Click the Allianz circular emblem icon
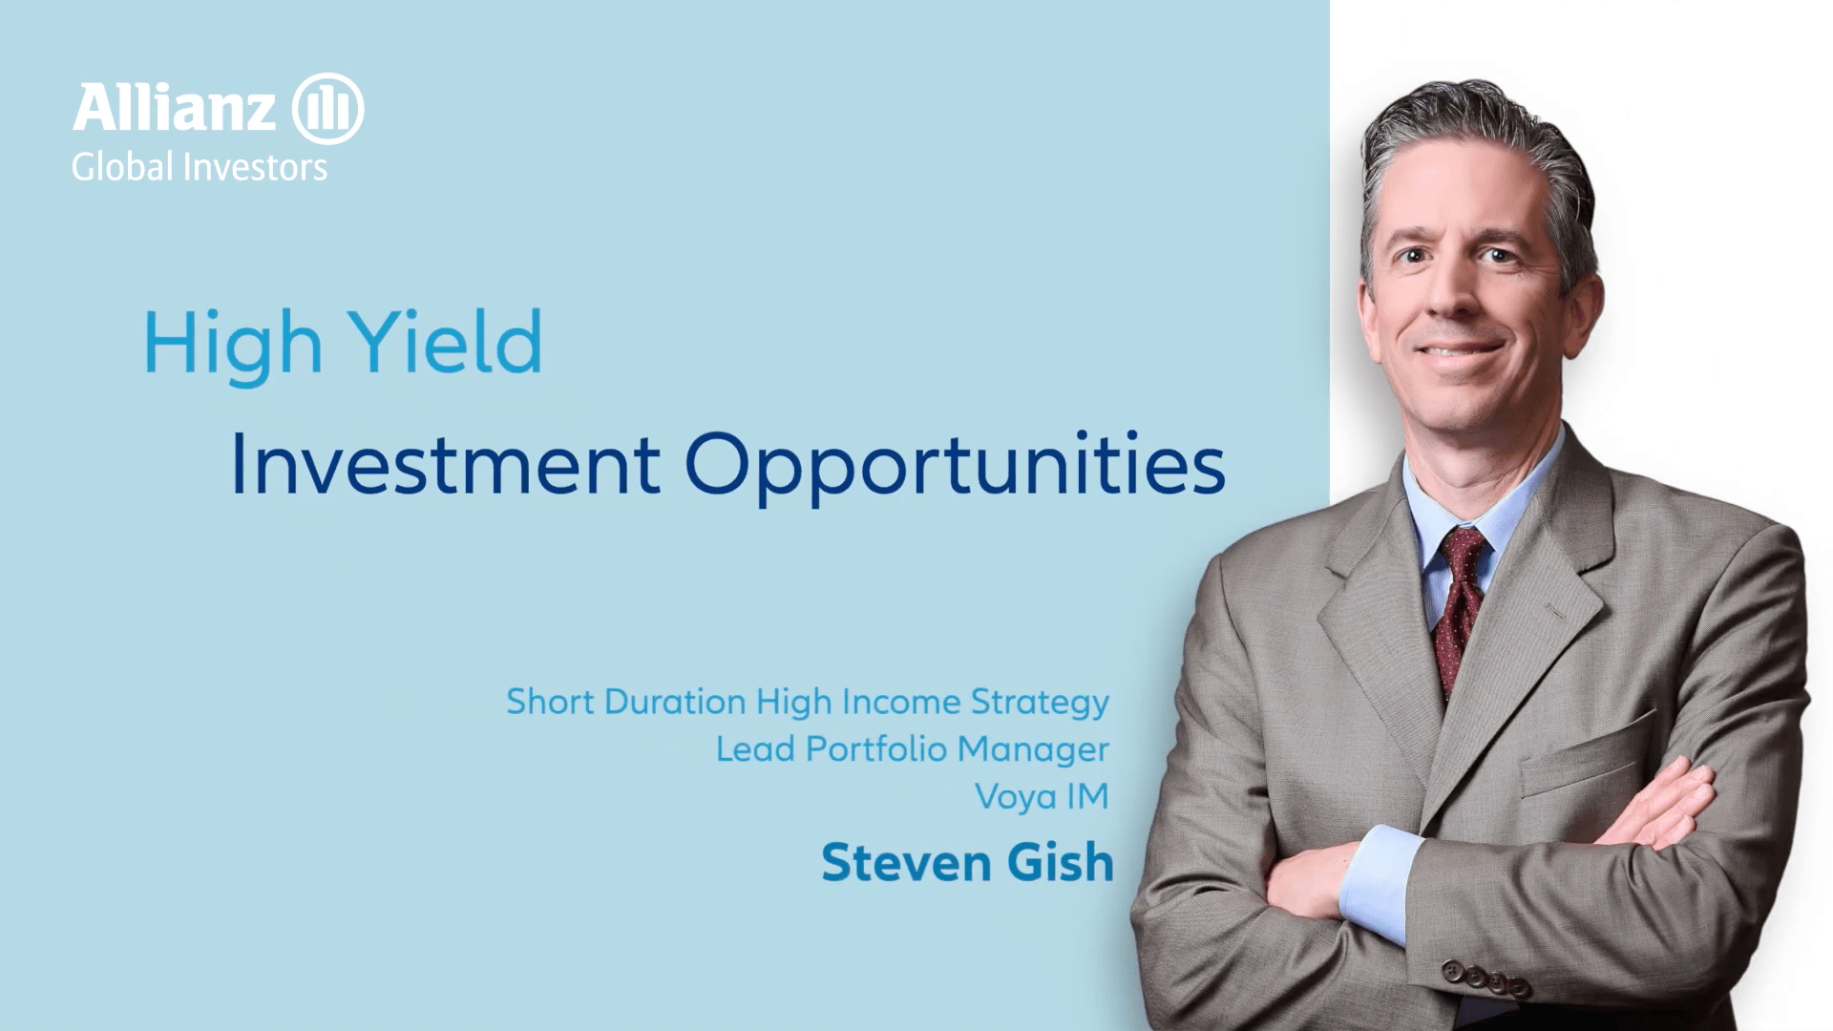click(327, 108)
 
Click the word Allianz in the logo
click(175, 108)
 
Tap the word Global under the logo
click(122, 167)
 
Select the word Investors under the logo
click(255, 167)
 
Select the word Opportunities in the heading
click(955, 467)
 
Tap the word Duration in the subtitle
click(675, 702)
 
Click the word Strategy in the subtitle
click(1040, 704)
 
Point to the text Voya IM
click(1042, 797)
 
